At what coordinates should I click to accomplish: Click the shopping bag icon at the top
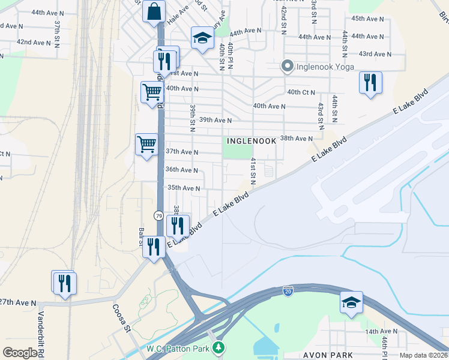[154, 11]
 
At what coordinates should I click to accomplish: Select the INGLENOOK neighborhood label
[252, 140]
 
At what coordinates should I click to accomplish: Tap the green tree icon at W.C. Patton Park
[220, 347]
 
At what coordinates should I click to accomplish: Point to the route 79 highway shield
[158, 215]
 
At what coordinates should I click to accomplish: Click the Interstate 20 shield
[288, 291]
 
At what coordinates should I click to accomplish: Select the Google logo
[20, 352]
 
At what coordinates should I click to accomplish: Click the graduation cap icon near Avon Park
[351, 302]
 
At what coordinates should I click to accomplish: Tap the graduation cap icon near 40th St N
[202, 38]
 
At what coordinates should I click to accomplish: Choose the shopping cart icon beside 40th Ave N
[152, 92]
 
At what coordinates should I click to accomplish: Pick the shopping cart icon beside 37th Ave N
[146, 144]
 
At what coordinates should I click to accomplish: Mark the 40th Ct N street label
[301, 92]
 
